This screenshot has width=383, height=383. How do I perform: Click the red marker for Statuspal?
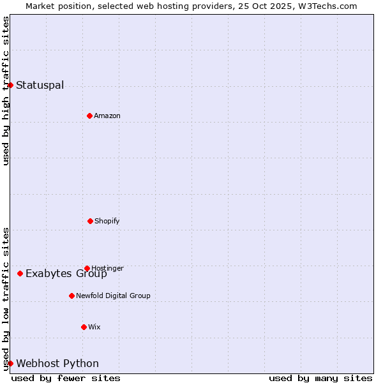click(x=10, y=85)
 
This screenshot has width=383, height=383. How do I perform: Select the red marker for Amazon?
click(x=89, y=116)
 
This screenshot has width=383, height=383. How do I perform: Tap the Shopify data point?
click(x=90, y=221)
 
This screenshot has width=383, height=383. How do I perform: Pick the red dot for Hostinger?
click(x=87, y=268)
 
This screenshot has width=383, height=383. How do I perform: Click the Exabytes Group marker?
click(x=20, y=273)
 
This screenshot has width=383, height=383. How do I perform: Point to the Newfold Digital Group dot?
click(x=71, y=296)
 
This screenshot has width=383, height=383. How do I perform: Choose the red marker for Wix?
click(x=84, y=327)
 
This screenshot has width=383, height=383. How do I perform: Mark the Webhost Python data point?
click(x=10, y=363)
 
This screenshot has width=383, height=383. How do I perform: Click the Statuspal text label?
click(x=40, y=85)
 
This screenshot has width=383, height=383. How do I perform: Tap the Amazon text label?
click(x=107, y=116)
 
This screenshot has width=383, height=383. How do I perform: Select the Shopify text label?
click(x=107, y=221)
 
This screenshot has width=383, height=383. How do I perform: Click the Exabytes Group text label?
click(x=66, y=274)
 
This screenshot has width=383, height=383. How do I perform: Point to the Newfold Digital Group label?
click(x=113, y=296)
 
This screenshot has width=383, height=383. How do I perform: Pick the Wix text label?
click(x=94, y=327)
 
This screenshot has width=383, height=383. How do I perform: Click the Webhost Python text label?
click(x=57, y=364)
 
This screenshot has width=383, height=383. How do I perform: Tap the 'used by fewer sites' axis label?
click(x=66, y=378)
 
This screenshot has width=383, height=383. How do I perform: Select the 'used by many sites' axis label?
click(x=320, y=378)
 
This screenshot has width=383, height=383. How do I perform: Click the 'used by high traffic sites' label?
click(x=6, y=91)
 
